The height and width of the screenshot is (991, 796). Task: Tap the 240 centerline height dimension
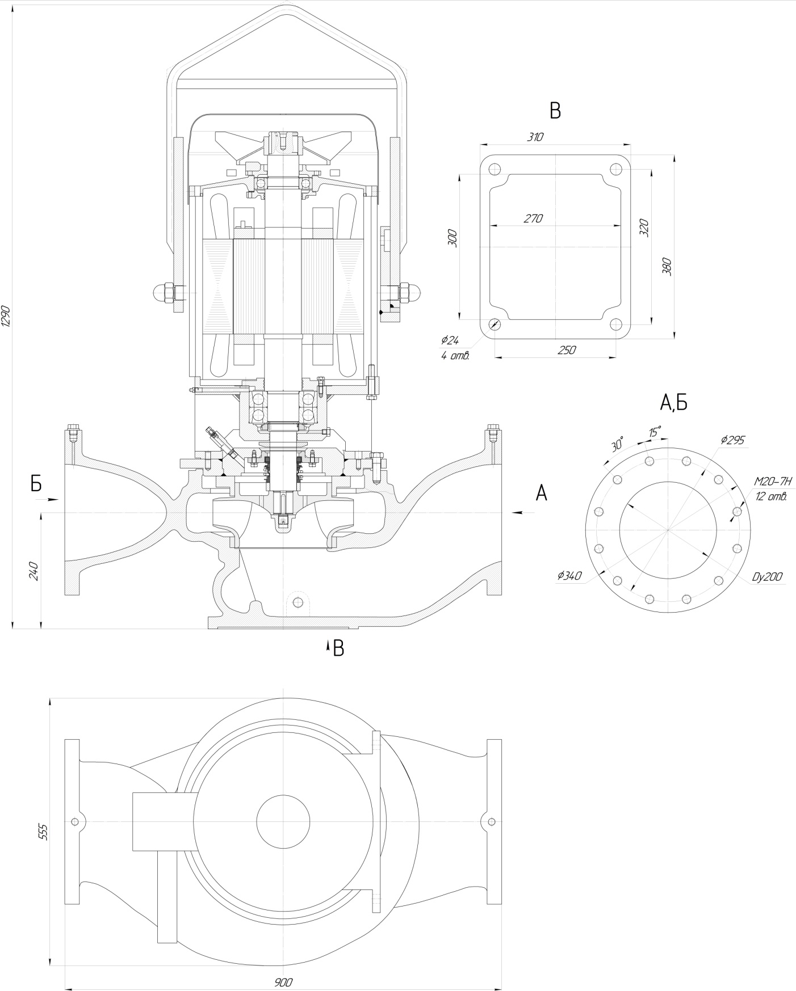click(x=33, y=570)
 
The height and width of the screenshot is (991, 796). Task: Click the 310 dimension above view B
click(x=535, y=137)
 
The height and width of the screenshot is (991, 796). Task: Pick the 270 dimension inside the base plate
click(x=533, y=218)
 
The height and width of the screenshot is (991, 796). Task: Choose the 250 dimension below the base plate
click(x=566, y=350)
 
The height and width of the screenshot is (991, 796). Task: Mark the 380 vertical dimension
click(x=667, y=265)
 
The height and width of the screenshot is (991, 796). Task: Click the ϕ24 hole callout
click(x=450, y=340)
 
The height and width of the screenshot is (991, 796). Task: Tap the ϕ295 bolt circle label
click(x=732, y=440)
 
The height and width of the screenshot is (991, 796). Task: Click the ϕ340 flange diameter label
click(x=569, y=576)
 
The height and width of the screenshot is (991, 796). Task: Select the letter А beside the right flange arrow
click(x=542, y=493)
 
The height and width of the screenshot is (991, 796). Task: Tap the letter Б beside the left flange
click(x=36, y=483)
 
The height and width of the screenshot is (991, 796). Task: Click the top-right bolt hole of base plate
click(x=615, y=168)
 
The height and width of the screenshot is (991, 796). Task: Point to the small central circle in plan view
click(x=283, y=821)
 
